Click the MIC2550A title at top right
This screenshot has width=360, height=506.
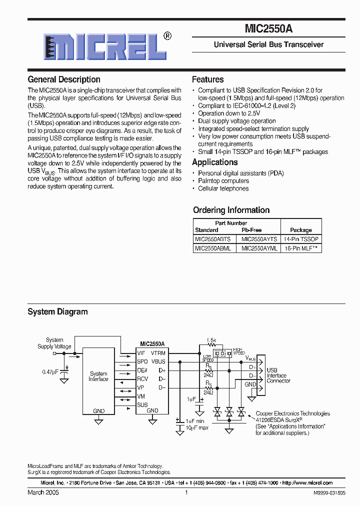point(268,29)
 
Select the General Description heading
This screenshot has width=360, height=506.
point(63,79)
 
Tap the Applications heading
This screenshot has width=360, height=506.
point(214,162)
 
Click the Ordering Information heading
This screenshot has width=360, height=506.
point(231,210)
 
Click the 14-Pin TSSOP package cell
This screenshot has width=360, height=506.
point(301,239)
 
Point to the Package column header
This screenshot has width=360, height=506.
point(301,230)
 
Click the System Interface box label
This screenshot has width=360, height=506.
point(98,376)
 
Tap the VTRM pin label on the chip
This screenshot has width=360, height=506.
point(158,353)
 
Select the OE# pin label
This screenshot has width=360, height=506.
point(142,370)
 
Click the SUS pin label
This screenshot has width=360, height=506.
point(142,404)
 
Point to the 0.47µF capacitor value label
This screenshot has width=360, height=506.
point(50,371)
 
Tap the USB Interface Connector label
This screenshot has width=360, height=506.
point(278,375)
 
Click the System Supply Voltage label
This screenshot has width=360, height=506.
point(54,343)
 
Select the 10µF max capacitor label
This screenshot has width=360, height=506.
point(197,428)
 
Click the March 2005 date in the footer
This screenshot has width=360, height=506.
point(43,492)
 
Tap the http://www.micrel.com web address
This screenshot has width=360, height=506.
point(307,483)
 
